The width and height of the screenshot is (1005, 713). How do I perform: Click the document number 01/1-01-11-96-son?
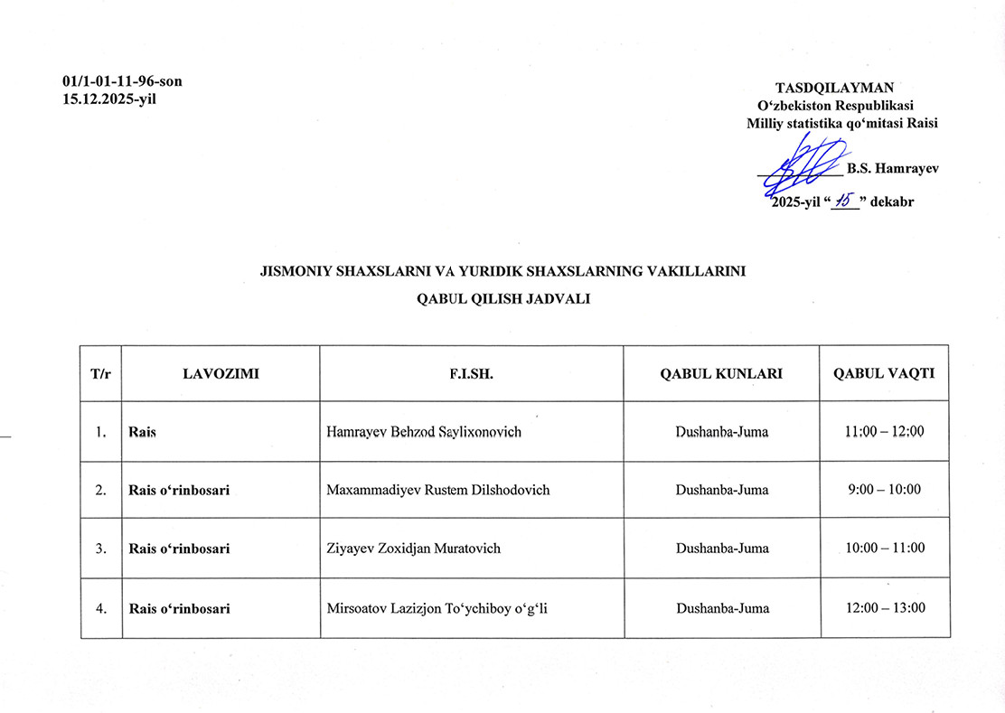[122, 81]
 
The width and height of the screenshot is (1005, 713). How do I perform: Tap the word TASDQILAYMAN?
[834, 88]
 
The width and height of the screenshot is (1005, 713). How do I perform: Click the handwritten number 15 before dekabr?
[844, 201]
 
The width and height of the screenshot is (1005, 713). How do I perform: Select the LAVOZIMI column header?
[221, 373]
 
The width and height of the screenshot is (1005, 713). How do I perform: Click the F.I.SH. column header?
[471, 373]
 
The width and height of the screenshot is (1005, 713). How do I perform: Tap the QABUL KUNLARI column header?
[721, 373]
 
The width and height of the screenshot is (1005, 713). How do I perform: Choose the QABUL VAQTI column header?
[884, 373]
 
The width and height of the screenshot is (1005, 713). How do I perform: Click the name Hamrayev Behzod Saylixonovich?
[424, 432]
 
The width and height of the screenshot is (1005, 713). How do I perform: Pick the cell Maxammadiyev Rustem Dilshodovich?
[438, 490]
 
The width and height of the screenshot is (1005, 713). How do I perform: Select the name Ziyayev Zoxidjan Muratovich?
[413, 549]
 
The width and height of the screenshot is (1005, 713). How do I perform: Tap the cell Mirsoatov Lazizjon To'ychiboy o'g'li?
[437, 608]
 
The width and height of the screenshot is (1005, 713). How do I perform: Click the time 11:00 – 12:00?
[884, 432]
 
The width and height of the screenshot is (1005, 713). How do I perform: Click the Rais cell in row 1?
[143, 432]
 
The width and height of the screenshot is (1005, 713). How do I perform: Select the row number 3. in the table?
[101, 549]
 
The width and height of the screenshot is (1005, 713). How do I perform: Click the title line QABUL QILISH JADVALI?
[502, 299]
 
